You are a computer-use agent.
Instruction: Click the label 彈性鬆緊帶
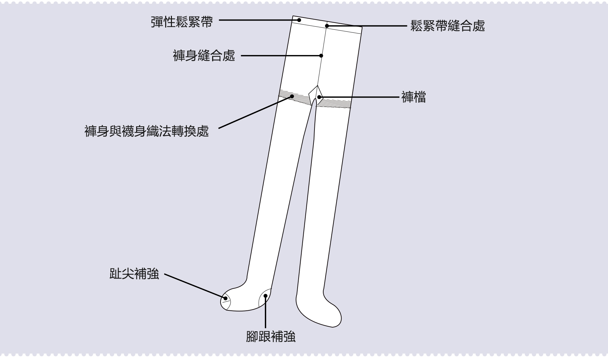click(182, 22)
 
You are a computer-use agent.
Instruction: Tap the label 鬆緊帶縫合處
click(448, 26)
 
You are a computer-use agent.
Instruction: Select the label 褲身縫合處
click(204, 56)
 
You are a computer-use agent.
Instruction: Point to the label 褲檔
click(413, 97)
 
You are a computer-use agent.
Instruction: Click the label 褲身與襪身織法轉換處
click(147, 131)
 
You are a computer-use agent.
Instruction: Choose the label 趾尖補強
click(134, 274)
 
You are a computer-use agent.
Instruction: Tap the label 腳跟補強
click(271, 337)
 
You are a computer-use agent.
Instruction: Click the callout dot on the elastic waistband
click(299, 20)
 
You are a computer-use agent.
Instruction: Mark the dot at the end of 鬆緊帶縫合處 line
click(327, 26)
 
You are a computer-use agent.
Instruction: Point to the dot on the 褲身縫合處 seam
click(321, 56)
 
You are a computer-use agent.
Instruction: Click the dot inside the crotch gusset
click(319, 97)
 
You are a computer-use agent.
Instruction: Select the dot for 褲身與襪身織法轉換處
click(292, 96)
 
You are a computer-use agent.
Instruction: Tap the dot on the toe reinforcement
click(225, 298)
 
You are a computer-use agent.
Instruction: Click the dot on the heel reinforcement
click(266, 296)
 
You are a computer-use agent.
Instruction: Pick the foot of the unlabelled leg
click(319, 311)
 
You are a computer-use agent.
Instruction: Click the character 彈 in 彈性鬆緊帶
click(157, 22)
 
